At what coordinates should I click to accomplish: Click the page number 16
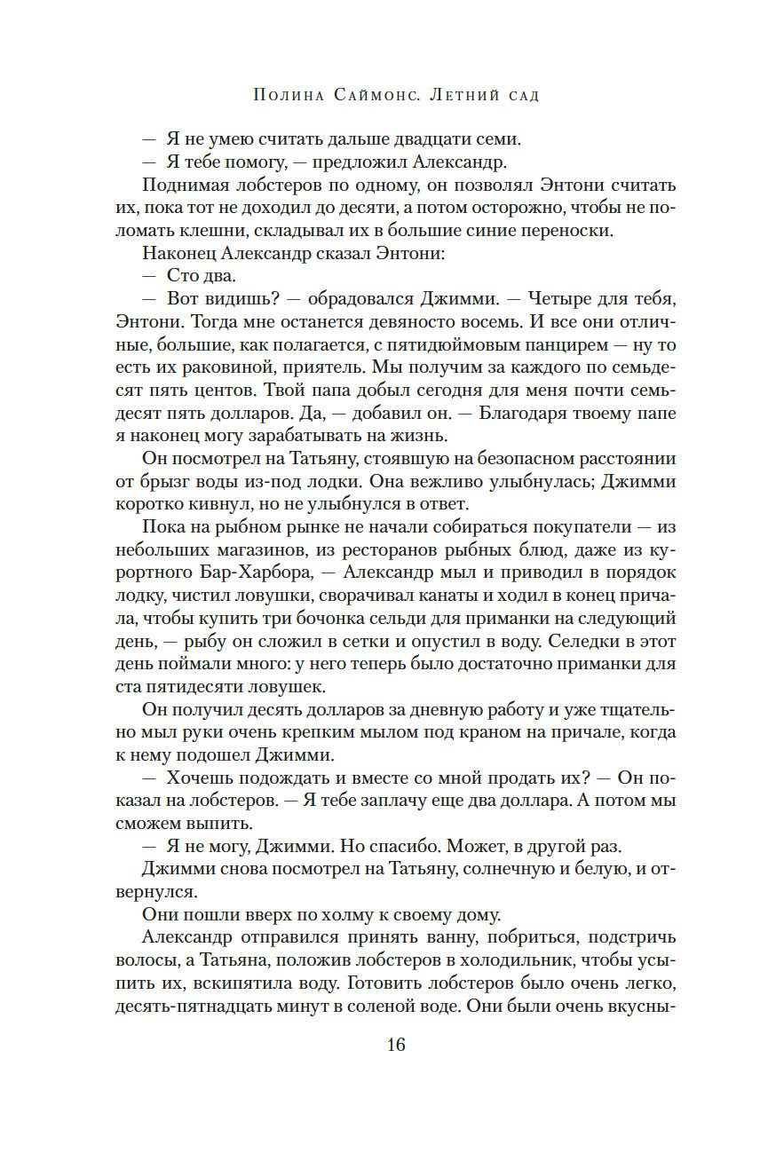point(396,1045)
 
